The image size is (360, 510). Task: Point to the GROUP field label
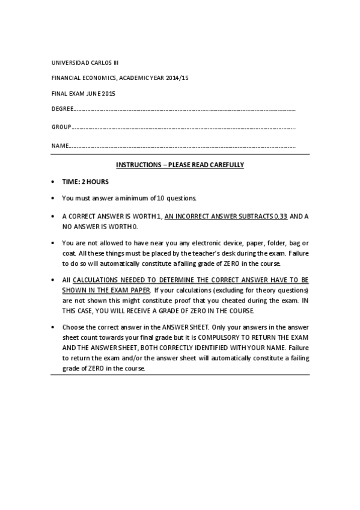coord(61,127)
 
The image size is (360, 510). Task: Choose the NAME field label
coord(59,146)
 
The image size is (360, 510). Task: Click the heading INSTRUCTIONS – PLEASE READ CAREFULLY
coord(180,165)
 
